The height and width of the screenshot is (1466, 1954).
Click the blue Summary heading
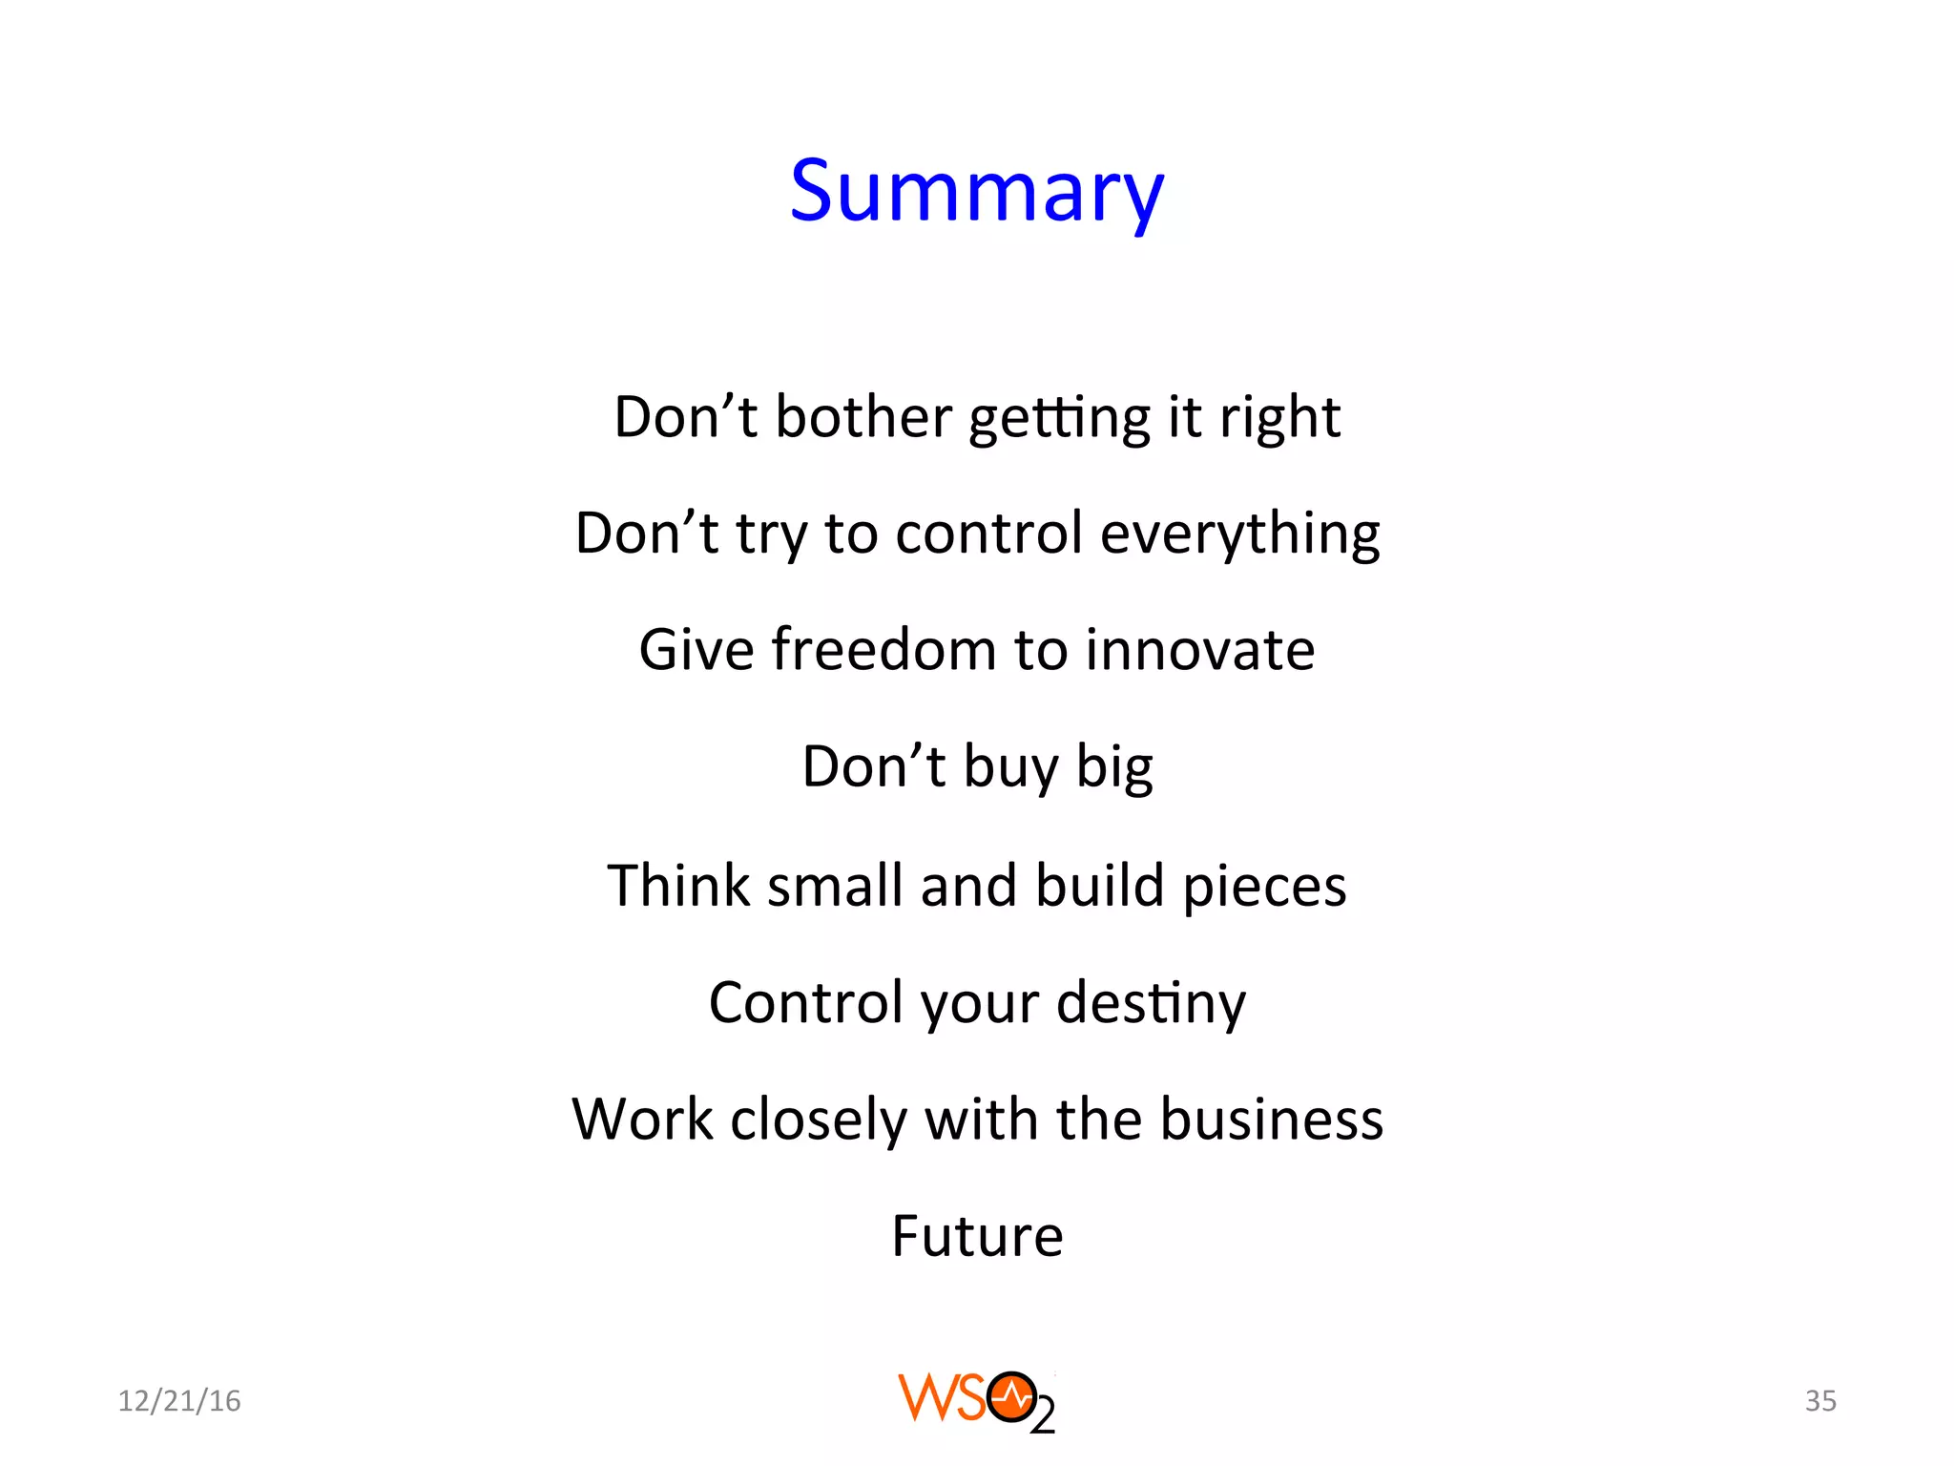click(x=976, y=191)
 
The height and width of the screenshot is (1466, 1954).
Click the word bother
click(x=863, y=417)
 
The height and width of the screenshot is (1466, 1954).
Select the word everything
click(x=1239, y=534)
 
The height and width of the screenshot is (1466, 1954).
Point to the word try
click(x=771, y=534)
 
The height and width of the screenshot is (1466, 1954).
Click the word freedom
click(x=883, y=650)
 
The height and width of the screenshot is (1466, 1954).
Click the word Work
click(x=641, y=1119)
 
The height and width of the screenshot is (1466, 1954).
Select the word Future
click(x=977, y=1236)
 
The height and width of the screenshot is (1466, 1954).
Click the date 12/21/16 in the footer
click(x=179, y=1400)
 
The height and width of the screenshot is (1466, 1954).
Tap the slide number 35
click(x=1820, y=1400)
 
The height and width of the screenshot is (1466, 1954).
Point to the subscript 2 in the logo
click(x=1044, y=1417)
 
